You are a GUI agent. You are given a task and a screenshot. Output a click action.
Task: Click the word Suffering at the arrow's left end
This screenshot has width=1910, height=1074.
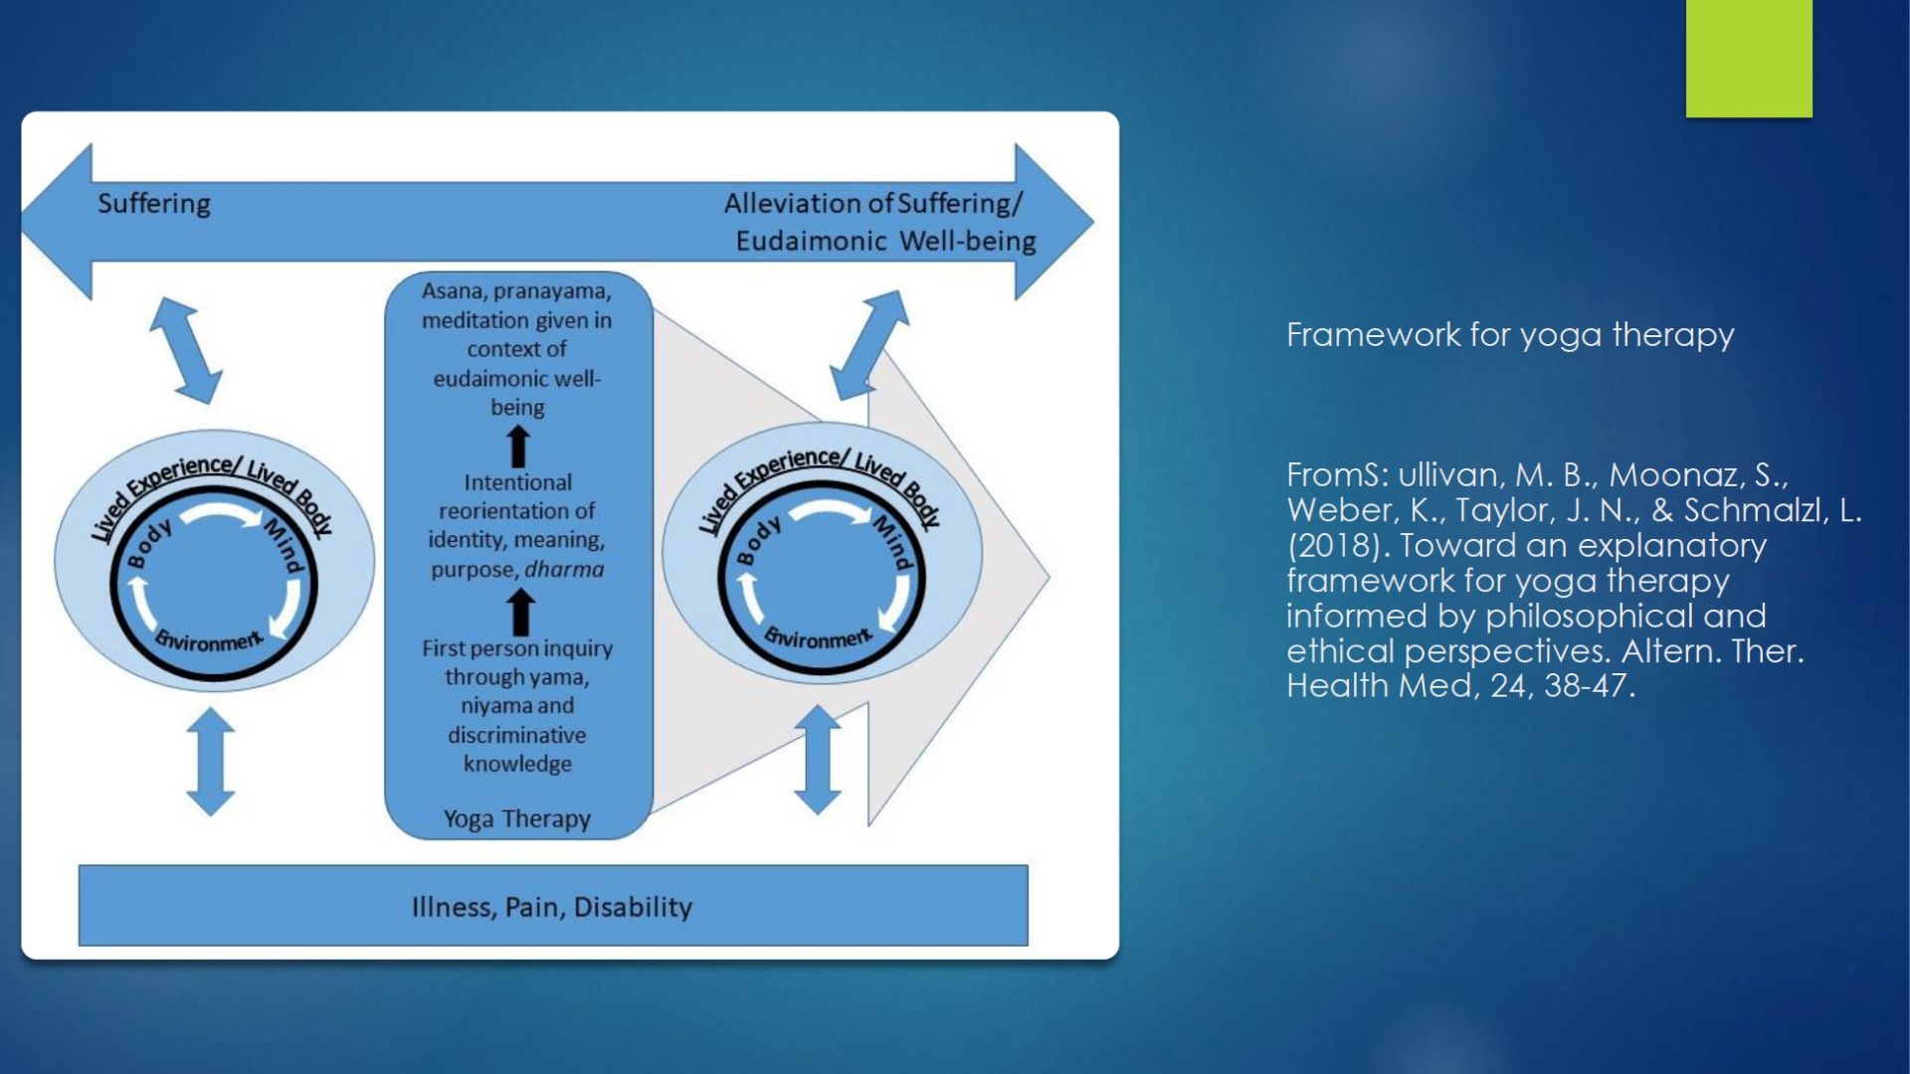pos(154,204)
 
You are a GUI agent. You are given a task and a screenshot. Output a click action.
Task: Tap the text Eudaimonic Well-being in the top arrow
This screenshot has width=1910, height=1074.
pos(885,242)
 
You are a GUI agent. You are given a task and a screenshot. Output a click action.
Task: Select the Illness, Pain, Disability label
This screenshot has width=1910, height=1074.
pos(552,907)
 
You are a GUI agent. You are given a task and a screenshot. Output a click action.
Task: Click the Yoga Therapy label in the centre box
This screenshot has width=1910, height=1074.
pos(517,818)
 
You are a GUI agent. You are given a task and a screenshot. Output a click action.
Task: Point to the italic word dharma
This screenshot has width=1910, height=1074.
pos(564,569)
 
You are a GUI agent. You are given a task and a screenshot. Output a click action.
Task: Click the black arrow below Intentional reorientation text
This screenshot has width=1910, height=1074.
pos(520,612)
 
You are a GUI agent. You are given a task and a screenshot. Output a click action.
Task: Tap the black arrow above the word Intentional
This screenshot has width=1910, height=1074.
pos(518,447)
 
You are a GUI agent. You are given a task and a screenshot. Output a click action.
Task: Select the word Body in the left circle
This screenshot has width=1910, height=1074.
pos(150,543)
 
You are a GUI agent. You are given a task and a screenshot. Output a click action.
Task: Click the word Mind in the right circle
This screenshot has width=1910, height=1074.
pos(892,541)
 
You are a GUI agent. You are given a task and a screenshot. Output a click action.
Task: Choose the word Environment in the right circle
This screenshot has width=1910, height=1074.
pos(818,636)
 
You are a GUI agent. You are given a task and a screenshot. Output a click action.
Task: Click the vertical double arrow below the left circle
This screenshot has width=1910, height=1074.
pos(211,762)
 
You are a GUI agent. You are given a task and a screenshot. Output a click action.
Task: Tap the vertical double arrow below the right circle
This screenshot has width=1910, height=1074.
pos(818,760)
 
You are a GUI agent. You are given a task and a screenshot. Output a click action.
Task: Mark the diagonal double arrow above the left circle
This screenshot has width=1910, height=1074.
pos(185,350)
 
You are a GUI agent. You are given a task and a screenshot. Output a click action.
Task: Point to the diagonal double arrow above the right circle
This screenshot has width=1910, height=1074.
pos(868,345)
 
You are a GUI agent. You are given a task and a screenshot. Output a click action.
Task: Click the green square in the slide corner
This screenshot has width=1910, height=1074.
pos(1749,58)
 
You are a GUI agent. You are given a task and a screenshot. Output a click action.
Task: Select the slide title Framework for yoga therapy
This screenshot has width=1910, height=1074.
pos(1510,335)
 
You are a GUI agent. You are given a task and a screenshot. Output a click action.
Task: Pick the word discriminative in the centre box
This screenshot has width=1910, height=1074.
pos(517,735)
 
